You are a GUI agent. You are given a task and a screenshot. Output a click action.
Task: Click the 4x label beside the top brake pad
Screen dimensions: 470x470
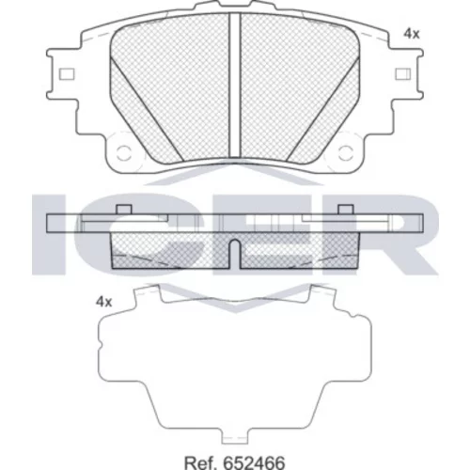[411, 34]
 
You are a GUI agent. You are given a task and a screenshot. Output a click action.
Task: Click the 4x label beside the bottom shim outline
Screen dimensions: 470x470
[103, 302]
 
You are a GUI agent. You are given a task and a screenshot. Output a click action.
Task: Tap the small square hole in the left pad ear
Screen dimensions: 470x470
[67, 74]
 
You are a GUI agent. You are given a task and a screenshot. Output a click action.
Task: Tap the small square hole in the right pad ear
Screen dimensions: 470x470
[403, 74]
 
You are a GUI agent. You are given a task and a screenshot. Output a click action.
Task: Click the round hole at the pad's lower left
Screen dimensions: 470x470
[124, 152]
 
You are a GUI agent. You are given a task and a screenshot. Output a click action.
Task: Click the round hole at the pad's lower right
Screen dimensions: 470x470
[345, 152]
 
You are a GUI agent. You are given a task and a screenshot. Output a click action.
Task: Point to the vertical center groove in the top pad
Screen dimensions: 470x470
[235, 85]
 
